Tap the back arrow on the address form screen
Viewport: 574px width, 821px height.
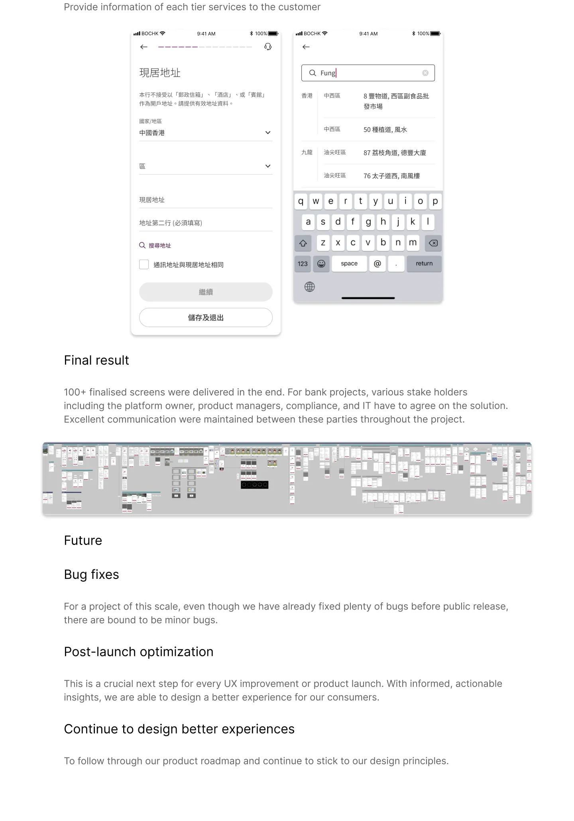coord(144,47)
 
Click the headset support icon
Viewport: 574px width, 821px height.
coord(268,47)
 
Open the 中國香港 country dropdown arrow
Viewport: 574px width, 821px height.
coord(268,133)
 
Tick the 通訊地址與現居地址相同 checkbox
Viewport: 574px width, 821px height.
coord(144,264)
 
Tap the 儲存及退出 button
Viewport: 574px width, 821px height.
coord(206,318)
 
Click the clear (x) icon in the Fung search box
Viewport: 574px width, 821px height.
coord(425,73)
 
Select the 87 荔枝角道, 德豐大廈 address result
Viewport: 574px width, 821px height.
coord(395,153)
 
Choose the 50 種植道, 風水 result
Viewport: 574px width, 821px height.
coord(385,130)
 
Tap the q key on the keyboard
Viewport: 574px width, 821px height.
coord(301,201)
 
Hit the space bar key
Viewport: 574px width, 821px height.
coord(349,264)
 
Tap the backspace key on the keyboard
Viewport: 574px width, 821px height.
coord(433,243)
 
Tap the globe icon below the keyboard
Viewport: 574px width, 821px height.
coord(310,287)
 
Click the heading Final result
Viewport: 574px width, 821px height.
coord(96,360)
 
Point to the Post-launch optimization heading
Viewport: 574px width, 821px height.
coord(139,652)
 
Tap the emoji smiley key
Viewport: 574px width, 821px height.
coord(321,264)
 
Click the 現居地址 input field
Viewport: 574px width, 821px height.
coord(206,200)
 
